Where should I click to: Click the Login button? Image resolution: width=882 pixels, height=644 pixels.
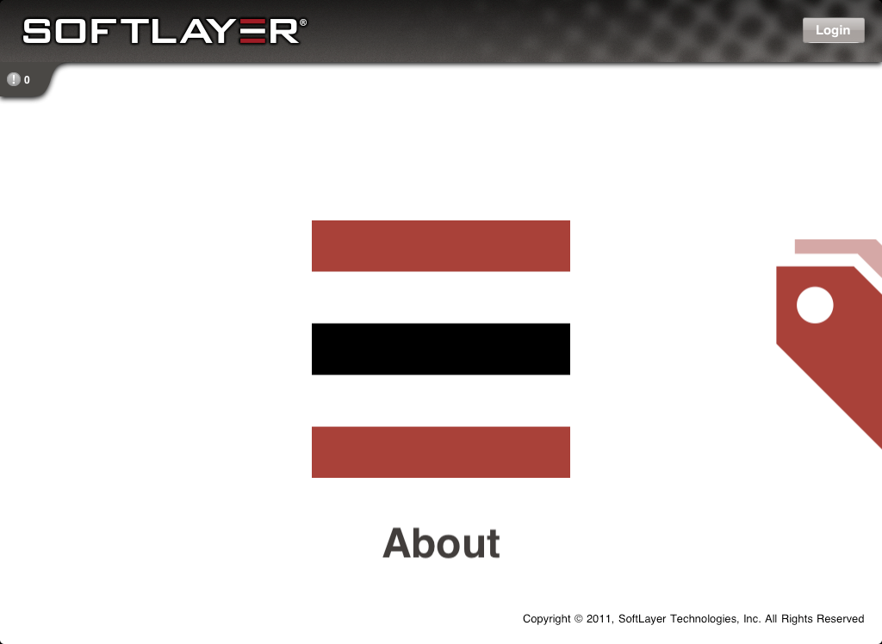tap(833, 30)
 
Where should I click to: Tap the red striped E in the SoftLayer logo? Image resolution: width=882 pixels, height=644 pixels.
tap(252, 31)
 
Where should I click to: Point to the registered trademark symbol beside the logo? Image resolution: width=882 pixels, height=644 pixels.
tap(303, 22)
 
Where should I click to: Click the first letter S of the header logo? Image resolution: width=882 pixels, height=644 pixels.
tap(36, 31)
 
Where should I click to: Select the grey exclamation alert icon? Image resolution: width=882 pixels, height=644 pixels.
tap(14, 79)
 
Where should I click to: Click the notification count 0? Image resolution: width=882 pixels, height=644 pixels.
tap(27, 80)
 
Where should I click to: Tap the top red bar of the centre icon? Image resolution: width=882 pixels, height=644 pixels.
tap(441, 245)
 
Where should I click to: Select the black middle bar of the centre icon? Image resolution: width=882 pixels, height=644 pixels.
tap(441, 349)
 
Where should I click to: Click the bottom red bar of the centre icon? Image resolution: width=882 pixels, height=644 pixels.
tap(441, 452)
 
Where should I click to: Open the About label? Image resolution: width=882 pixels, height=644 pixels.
tap(441, 543)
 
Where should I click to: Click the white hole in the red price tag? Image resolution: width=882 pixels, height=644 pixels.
tap(815, 305)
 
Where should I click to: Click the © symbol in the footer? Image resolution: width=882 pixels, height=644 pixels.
tap(578, 619)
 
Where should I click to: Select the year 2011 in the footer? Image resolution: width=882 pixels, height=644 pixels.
tap(599, 619)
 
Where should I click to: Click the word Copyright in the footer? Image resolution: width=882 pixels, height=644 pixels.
tap(547, 619)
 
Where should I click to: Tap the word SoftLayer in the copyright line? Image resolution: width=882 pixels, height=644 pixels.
tap(642, 619)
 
